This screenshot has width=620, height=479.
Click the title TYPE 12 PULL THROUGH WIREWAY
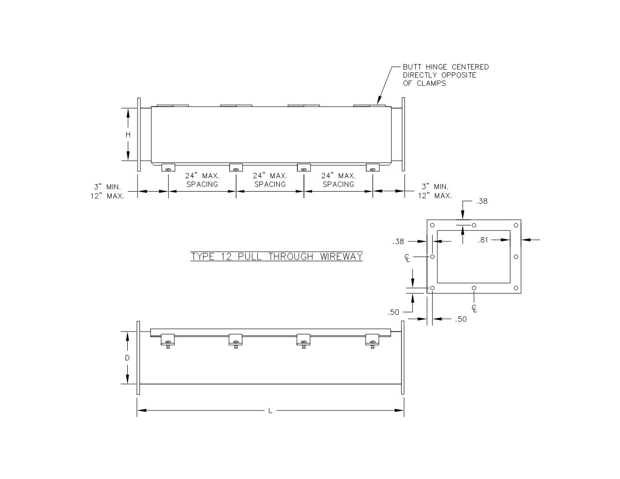click(277, 256)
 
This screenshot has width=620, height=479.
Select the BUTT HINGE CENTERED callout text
click(446, 75)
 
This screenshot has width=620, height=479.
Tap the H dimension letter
click(128, 135)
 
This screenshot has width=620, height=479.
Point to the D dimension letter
click(127, 358)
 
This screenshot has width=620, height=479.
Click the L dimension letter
click(270, 411)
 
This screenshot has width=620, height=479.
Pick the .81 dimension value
click(483, 240)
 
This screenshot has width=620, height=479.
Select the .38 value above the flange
click(482, 201)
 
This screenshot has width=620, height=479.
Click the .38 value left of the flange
click(398, 242)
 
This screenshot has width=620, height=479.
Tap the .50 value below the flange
click(461, 319)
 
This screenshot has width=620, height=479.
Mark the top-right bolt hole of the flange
click(516, 225)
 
